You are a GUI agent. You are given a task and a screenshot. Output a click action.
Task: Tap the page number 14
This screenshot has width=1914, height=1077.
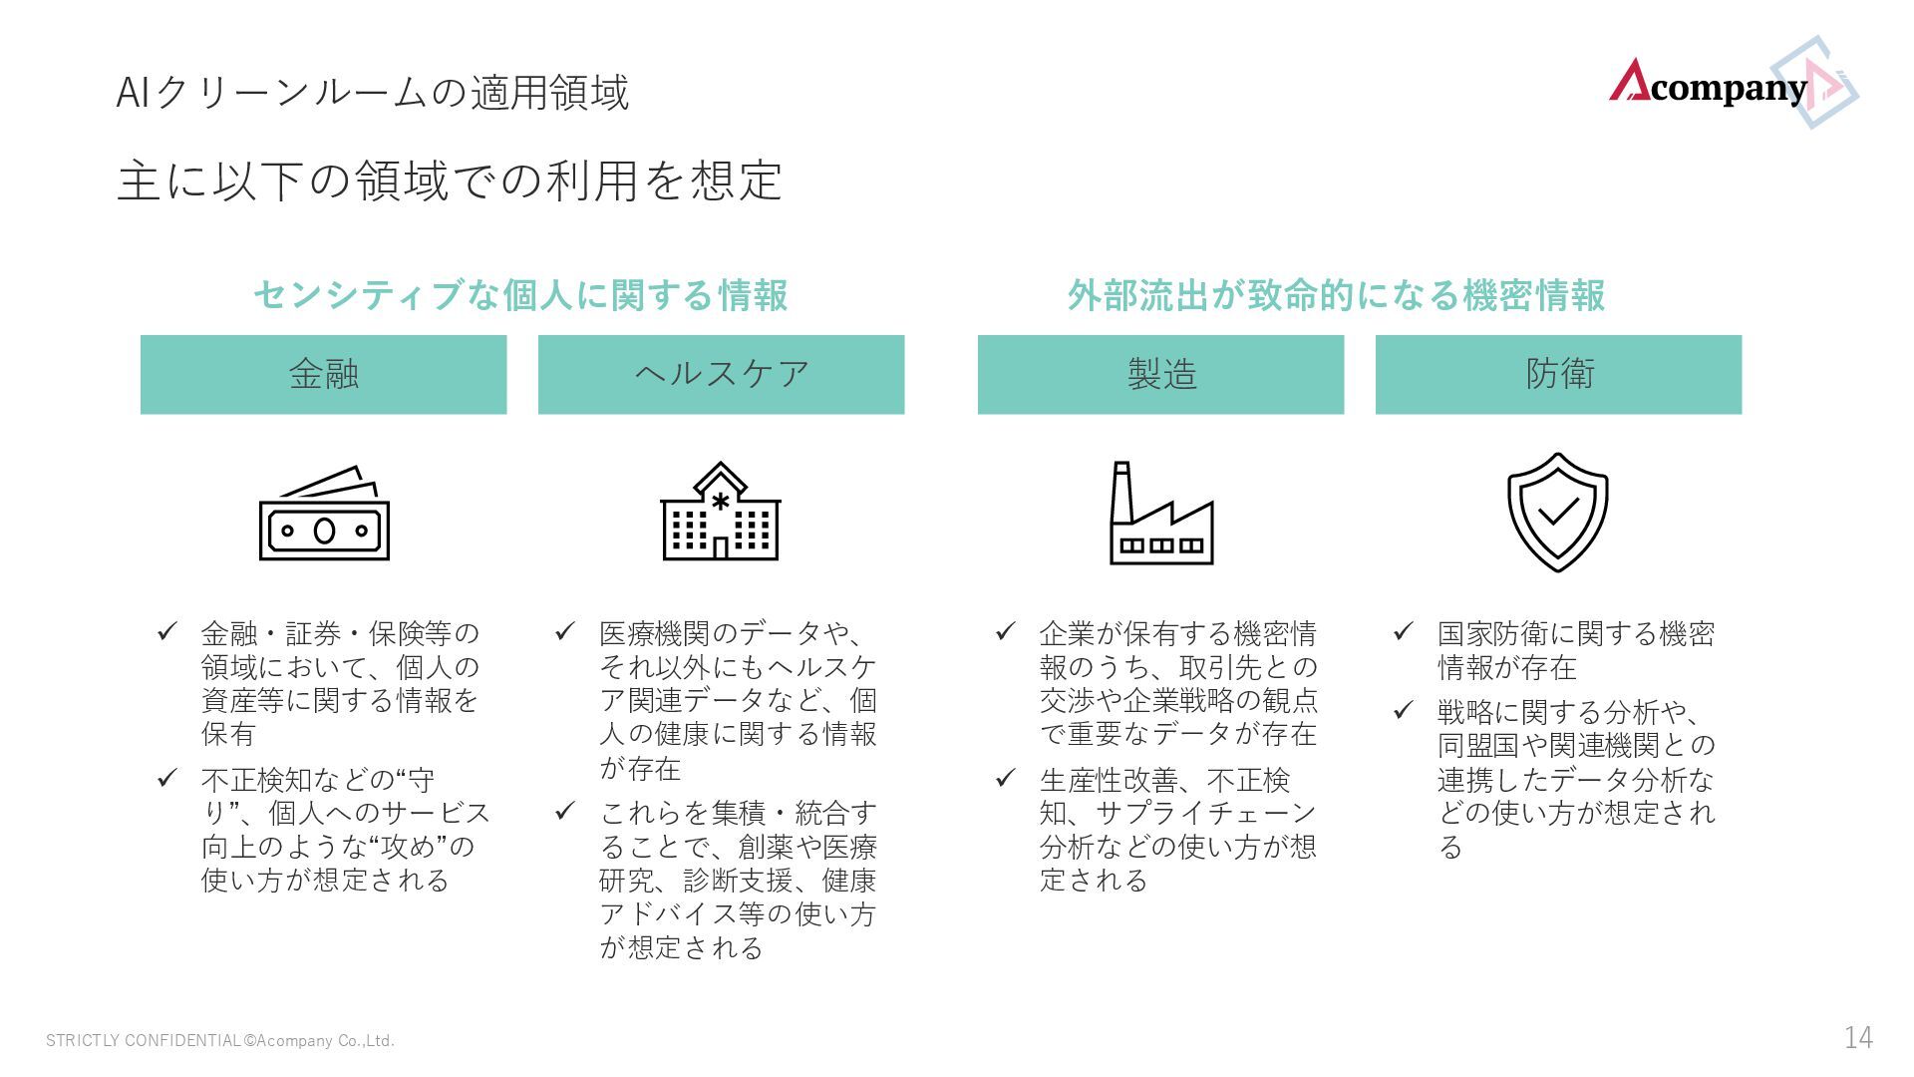(1858, 1038)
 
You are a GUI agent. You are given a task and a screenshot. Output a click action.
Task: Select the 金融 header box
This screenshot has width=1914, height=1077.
(323, 374)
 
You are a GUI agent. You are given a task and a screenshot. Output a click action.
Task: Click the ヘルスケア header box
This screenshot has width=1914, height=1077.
(721, 374)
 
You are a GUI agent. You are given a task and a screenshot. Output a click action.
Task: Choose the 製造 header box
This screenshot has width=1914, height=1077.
(1160, 374)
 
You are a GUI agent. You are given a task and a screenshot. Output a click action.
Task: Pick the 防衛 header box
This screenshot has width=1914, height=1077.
(1558, 374)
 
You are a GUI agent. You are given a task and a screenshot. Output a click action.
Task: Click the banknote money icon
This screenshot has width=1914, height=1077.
(324, 515)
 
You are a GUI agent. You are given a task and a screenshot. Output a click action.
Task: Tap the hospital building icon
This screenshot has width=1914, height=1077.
(721, 512)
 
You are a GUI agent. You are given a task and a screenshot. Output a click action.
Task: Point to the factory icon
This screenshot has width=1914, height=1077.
(1161, 514)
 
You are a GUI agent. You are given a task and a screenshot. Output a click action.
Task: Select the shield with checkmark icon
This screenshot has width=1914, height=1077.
(1557, 512)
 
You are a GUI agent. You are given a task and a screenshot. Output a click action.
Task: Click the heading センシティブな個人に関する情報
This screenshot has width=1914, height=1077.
(520, 295)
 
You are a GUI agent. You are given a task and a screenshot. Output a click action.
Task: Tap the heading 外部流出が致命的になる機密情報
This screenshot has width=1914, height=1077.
(1336, 295)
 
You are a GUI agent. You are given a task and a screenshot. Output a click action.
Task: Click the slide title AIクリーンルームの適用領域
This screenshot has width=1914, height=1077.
(372, 93)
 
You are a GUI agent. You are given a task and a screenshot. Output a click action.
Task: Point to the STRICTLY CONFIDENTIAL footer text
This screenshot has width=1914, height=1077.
(220, 1041)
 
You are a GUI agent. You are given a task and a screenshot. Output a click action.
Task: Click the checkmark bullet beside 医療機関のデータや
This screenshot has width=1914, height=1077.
(565, 631)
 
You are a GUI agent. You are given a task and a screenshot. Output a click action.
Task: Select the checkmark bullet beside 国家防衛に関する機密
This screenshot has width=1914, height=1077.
(1404, 631)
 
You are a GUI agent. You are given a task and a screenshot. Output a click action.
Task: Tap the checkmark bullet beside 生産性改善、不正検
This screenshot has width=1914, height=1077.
(1006, 778)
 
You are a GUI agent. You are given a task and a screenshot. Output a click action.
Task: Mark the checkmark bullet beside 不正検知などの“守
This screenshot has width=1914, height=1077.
(167, 778)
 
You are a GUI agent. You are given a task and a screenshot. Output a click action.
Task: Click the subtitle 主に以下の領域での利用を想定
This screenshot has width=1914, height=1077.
(450, 180)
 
